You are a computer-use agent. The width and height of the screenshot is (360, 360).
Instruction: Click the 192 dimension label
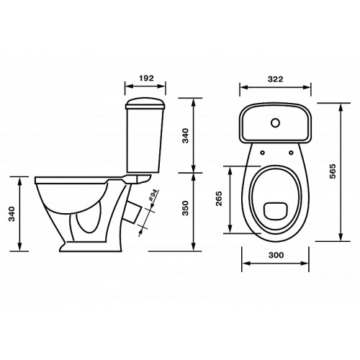[146, 78]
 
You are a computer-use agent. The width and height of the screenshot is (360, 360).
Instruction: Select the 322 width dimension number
[276, 79]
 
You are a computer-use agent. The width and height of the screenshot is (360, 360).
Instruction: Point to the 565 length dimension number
[333, 171]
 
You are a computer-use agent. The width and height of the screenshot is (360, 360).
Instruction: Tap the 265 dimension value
[219, 199]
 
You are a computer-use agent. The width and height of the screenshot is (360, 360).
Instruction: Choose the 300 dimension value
[276, 255]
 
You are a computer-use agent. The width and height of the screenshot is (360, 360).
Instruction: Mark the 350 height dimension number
[186, 208]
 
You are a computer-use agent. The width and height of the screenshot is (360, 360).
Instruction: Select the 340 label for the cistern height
[186, 136]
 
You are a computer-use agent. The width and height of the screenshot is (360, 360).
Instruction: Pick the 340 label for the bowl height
[12, 214]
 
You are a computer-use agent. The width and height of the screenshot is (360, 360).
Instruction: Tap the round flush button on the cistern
[276, 123]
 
